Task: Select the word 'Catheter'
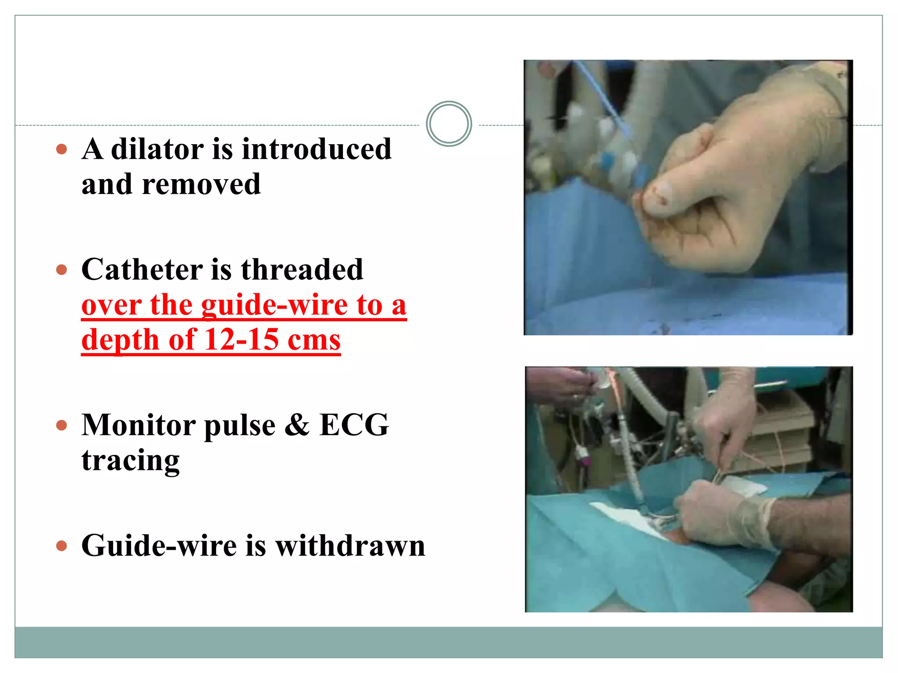click(x=142, y=269)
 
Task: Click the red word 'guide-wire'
click(x=274, y=305)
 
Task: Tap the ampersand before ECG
click(x=297, y=425)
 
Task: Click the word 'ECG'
click(x=354, y=425)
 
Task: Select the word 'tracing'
click(x=131, y=460)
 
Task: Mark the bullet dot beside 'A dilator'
click(x=62, y=149)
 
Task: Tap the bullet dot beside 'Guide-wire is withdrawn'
click(x=62, y=546)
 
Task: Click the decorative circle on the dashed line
click(x=449, y=124)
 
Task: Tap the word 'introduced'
click(x=317, y=149)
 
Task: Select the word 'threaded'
click(x=302, y=269)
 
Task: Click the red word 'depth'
click(x=120, y=340)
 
